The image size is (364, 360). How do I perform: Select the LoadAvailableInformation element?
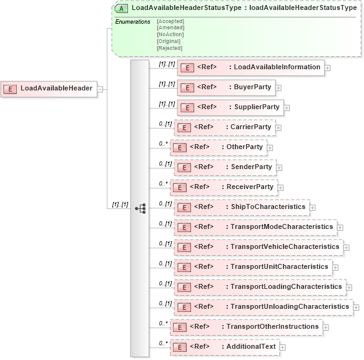250,67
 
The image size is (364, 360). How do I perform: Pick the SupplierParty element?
230,107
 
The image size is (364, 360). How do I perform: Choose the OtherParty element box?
219,147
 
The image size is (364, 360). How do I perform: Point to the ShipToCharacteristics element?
241,207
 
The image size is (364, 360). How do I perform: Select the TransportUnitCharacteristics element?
252,267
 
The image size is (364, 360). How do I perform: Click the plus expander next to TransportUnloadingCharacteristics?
357,307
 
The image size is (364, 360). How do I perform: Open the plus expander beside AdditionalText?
283,347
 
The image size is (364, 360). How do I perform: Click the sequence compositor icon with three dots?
140,208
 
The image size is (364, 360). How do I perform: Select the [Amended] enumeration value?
170,28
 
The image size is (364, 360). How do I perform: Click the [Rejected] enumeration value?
169,48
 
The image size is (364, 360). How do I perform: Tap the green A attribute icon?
122,8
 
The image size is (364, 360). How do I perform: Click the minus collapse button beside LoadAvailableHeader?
99,89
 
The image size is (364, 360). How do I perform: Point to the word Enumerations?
132,22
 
